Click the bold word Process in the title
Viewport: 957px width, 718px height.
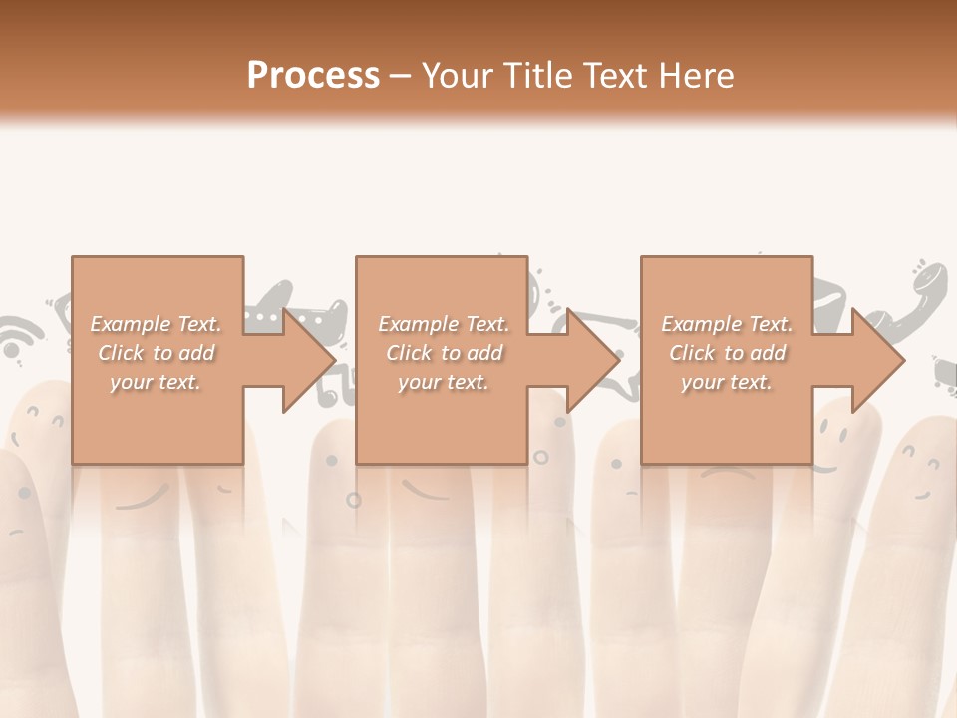[x=313, y=76]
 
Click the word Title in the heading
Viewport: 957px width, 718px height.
[x=535, y=76]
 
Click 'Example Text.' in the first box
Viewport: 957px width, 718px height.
[x=156, y=324]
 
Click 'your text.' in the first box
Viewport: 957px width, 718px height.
[x=156, y=382]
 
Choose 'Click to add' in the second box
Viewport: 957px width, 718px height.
[x=444, y=353]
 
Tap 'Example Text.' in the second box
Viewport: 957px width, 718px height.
[x=444, y=324]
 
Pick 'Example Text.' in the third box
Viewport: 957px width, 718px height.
[x=727, y=324]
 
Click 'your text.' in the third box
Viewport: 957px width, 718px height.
[x=727, y=382]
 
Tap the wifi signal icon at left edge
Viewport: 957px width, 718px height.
[x=15, y=339]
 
